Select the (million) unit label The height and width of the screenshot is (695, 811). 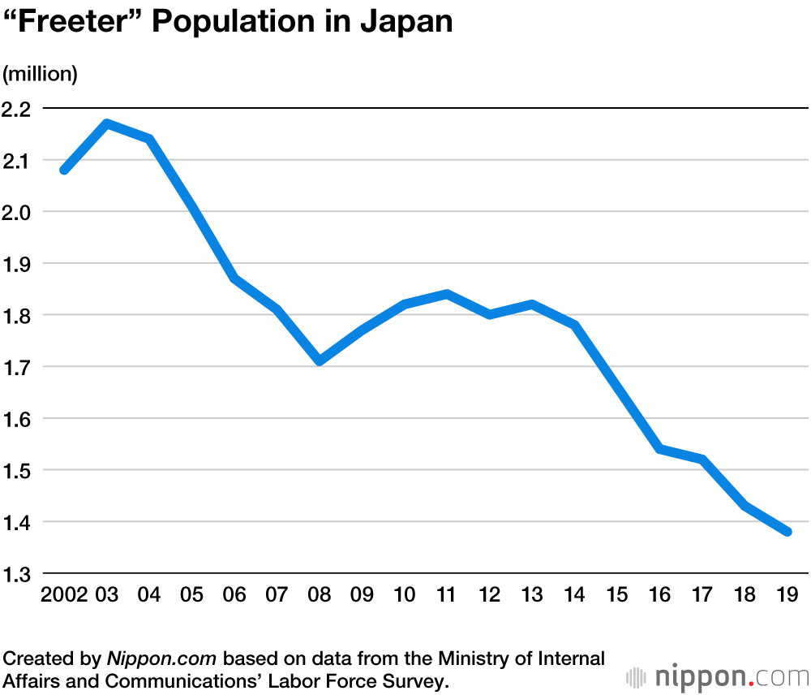point(41,74)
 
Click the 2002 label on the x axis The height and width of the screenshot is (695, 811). point(64,595)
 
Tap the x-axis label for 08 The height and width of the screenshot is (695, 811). point(320,595)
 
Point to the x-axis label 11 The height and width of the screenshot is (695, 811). point(447,595)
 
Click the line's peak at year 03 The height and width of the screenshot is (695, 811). point(107,123)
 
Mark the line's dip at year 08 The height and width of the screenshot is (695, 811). point(320,360)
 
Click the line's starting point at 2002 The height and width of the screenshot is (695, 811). point(64,170)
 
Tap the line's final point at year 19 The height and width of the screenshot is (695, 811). point(787,532)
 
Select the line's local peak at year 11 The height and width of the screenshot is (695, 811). point(447,294)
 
